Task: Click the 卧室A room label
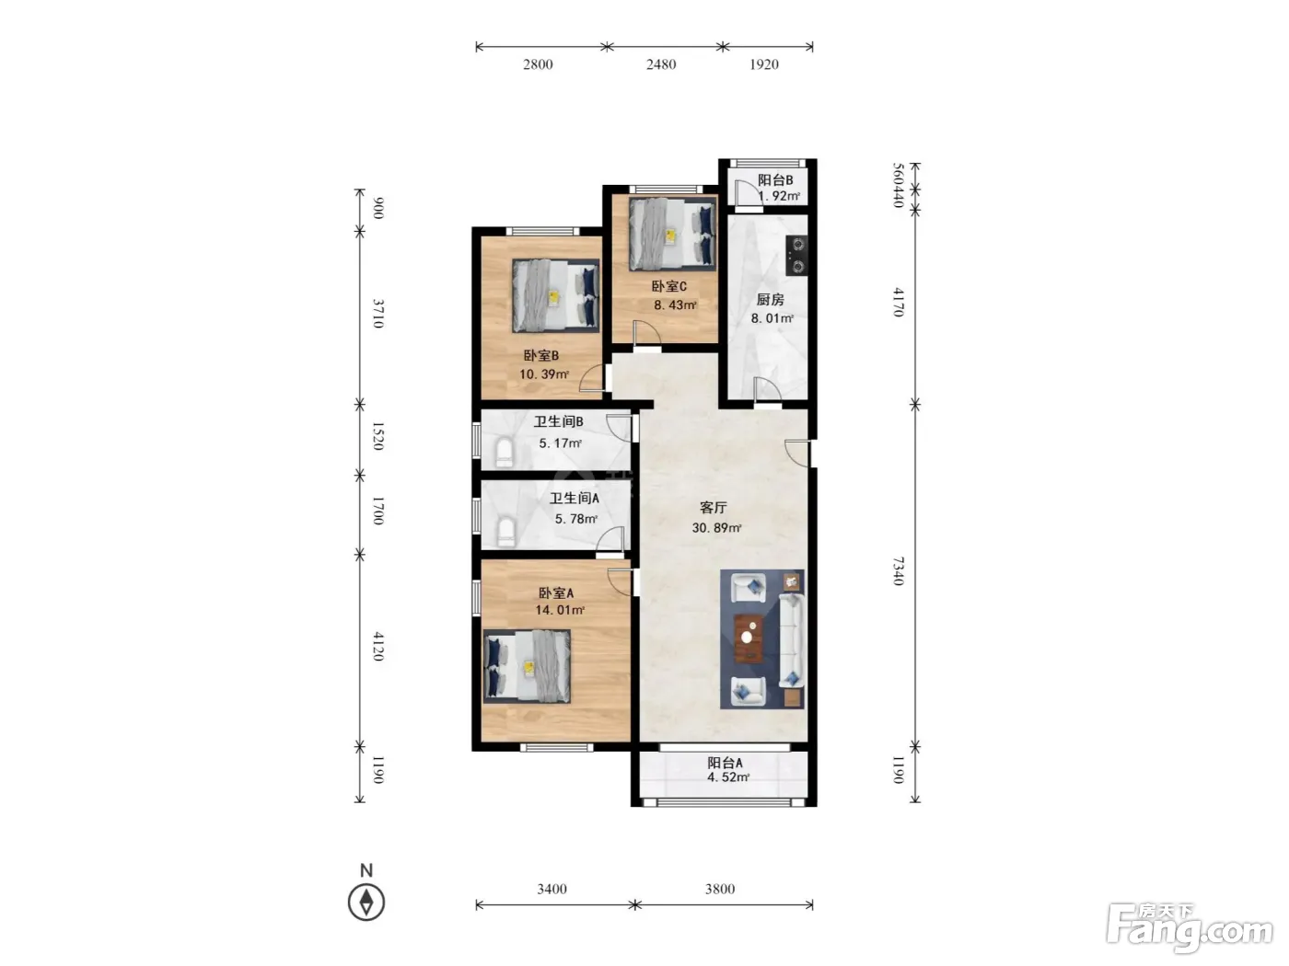coord(555,593)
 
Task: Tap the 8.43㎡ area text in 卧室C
coord(675,305)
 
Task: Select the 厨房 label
coord(770,300)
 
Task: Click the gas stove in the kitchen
coord(797,255)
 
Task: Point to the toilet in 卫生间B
coord(505,453)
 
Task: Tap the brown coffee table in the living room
coord(749,638)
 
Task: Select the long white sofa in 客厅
coord(791,640)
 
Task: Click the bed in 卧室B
coord(555,296)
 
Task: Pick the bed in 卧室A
coord(527,666)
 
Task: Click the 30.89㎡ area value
coord(716,528)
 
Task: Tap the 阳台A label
coord(725,763)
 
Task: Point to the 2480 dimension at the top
coord(661,64)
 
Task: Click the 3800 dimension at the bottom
coord(720,889)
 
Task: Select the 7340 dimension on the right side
coord(898,571)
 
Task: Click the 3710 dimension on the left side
coord(378,314)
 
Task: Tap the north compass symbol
coord(366,902)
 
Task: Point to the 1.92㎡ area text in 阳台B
coord(779,196)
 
